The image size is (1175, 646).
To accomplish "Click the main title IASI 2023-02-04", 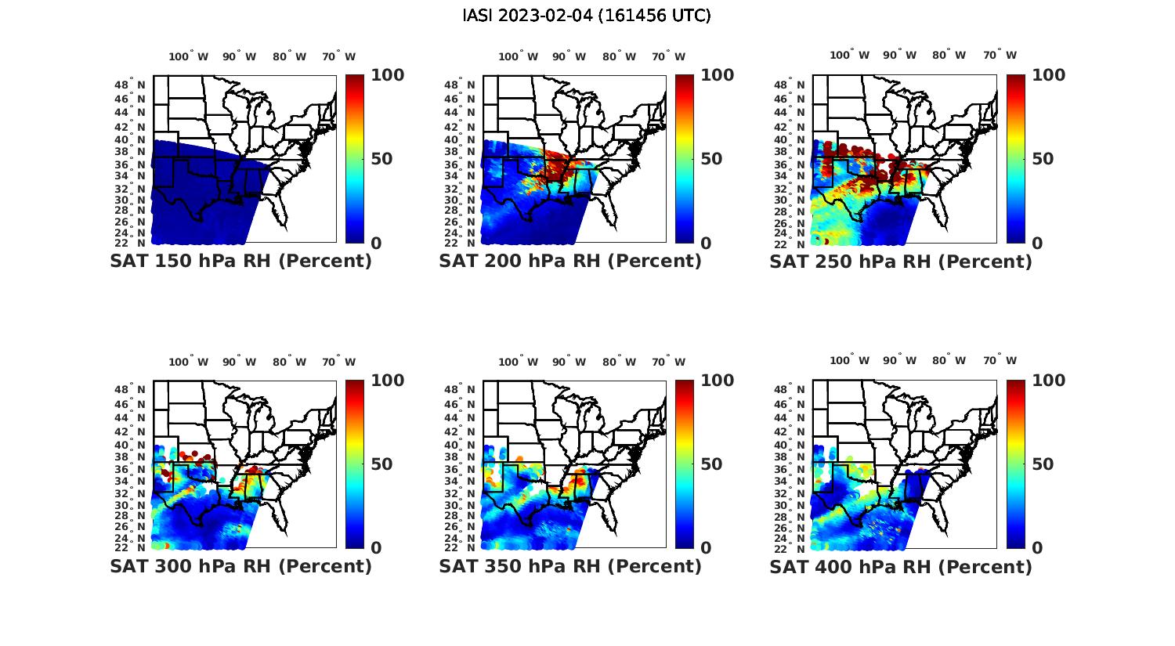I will (587, 16).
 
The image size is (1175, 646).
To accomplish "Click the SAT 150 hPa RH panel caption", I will (240, 262).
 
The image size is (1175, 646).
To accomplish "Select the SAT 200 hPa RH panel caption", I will (570, 262).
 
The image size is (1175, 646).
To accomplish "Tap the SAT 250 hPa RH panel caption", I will (901, 262).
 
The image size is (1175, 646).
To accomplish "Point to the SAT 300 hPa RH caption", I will (240, 566).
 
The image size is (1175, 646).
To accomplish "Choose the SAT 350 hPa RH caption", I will (570, 566).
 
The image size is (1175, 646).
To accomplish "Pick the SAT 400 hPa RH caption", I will (901, 566).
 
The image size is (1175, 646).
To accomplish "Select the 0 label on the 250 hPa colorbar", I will (1038, 244).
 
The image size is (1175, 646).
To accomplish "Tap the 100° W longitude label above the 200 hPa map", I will (519, 56).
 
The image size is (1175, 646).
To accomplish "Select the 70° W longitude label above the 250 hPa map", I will (1000, 55).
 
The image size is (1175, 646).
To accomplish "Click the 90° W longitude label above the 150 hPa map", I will (239, 56).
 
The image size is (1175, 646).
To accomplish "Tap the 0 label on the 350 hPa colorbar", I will (706, 548).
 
